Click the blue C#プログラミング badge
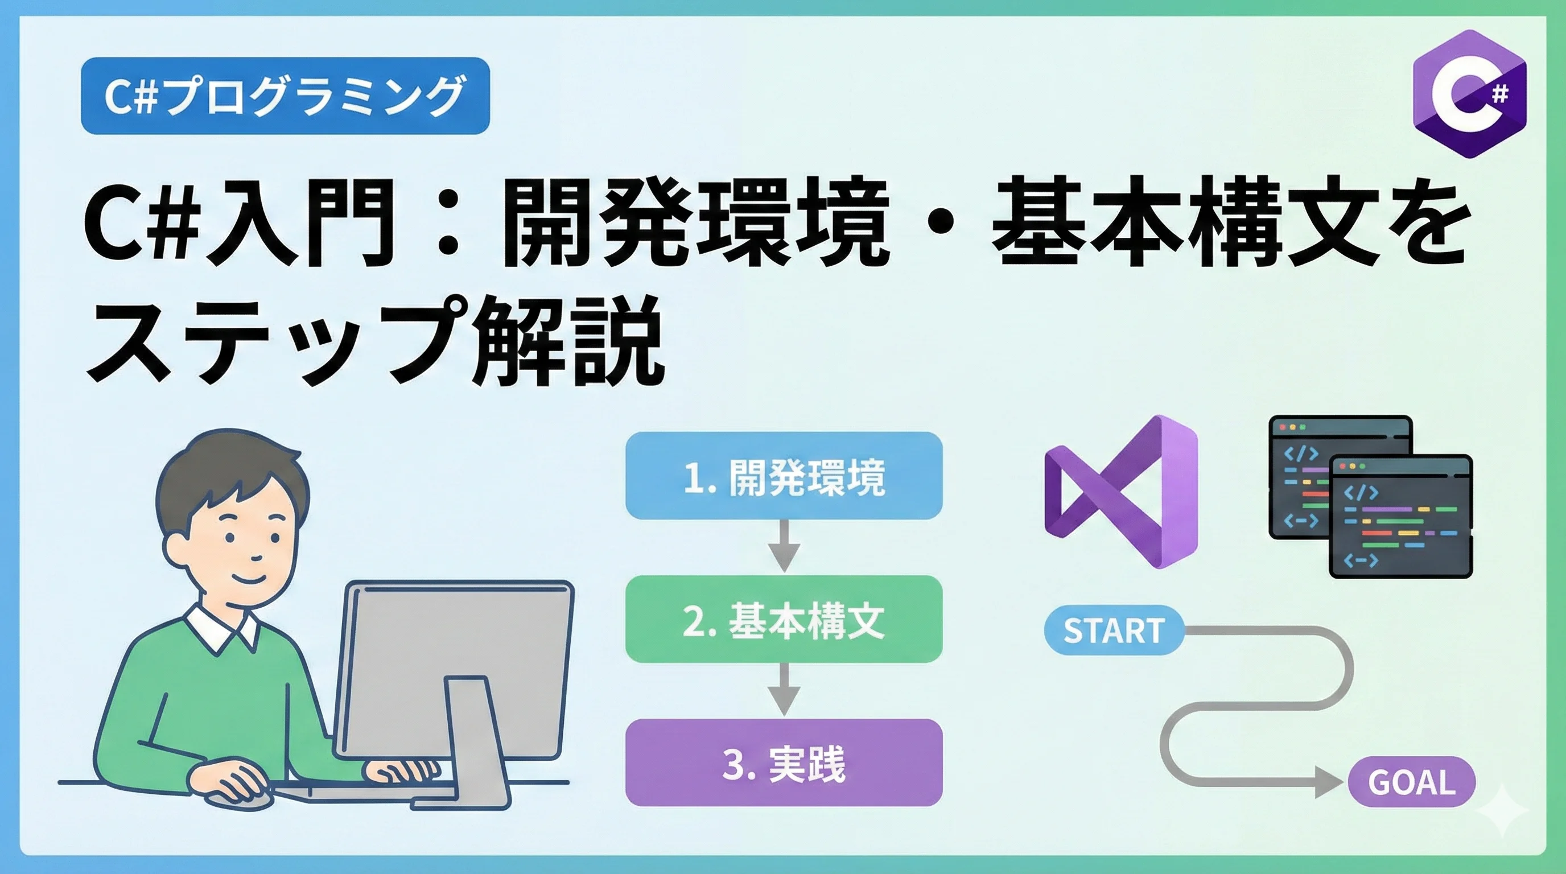tap(285, 96)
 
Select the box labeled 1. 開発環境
tap(784, 475)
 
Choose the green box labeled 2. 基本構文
tap(784, 619)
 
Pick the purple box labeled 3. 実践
tap(784, 763)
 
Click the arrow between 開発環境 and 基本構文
tap(784, 546)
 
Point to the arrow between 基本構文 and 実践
tap(784, 689)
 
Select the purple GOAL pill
tap(1412, 782)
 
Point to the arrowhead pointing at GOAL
tap(1329, 782)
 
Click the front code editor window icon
tap(1400, 516)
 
